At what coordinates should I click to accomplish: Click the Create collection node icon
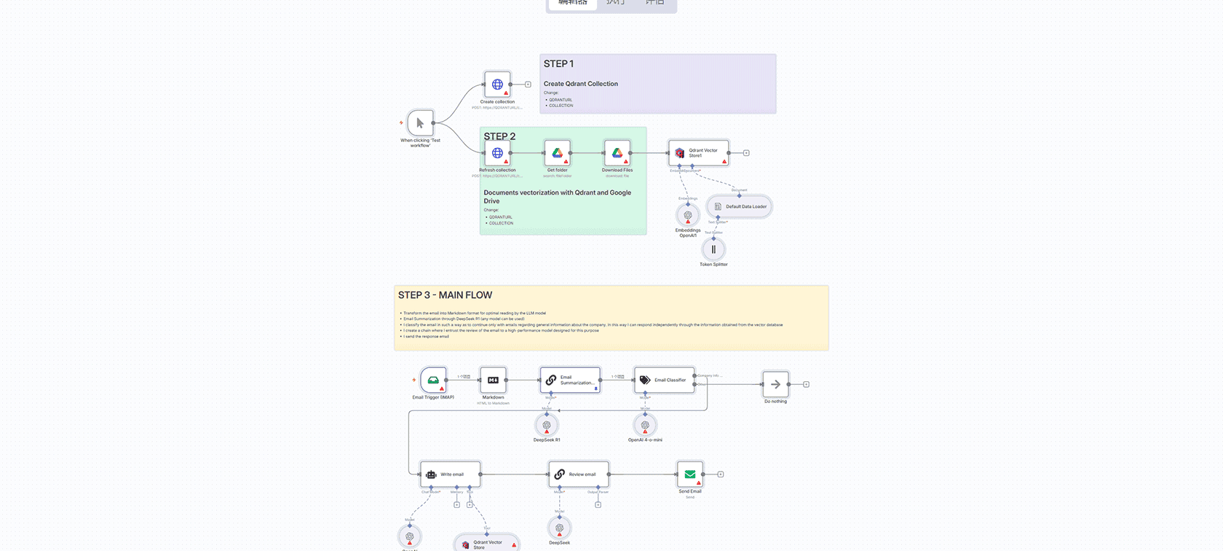click(x=497, y=85)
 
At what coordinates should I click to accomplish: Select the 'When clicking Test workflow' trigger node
click(x=420, y=123)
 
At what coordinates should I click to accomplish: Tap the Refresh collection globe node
click(x=497, y=153)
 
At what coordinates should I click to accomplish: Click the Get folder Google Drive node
click(x=557, y=153)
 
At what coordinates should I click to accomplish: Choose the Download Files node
click(x=617, y=153)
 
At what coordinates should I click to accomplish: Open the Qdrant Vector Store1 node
click(x=698, y=153)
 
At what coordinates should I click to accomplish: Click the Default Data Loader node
click(x=739, y=206)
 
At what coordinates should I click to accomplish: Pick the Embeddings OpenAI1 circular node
click(x=688, y=215)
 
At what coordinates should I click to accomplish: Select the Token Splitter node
click(x=713, y=249)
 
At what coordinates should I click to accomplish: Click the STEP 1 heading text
click(x=558, y=64)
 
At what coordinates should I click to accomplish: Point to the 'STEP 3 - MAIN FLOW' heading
click(x=445, y=295)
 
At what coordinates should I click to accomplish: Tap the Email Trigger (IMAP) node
click(x=433, y=380)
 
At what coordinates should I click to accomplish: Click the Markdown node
click(x=493, y=380)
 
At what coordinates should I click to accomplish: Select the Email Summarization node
click(x=570, y=380)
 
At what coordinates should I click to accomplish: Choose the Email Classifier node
click(x=664, y=380)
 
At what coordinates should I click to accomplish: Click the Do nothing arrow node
click(x=775, y=384)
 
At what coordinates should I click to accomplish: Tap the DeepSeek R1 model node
click(x=547, y=425)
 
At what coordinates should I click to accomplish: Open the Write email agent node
click(x=450, y=474)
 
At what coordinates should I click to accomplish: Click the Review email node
click(x=579, y=474)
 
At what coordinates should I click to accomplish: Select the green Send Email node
click(x=689, y=474)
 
